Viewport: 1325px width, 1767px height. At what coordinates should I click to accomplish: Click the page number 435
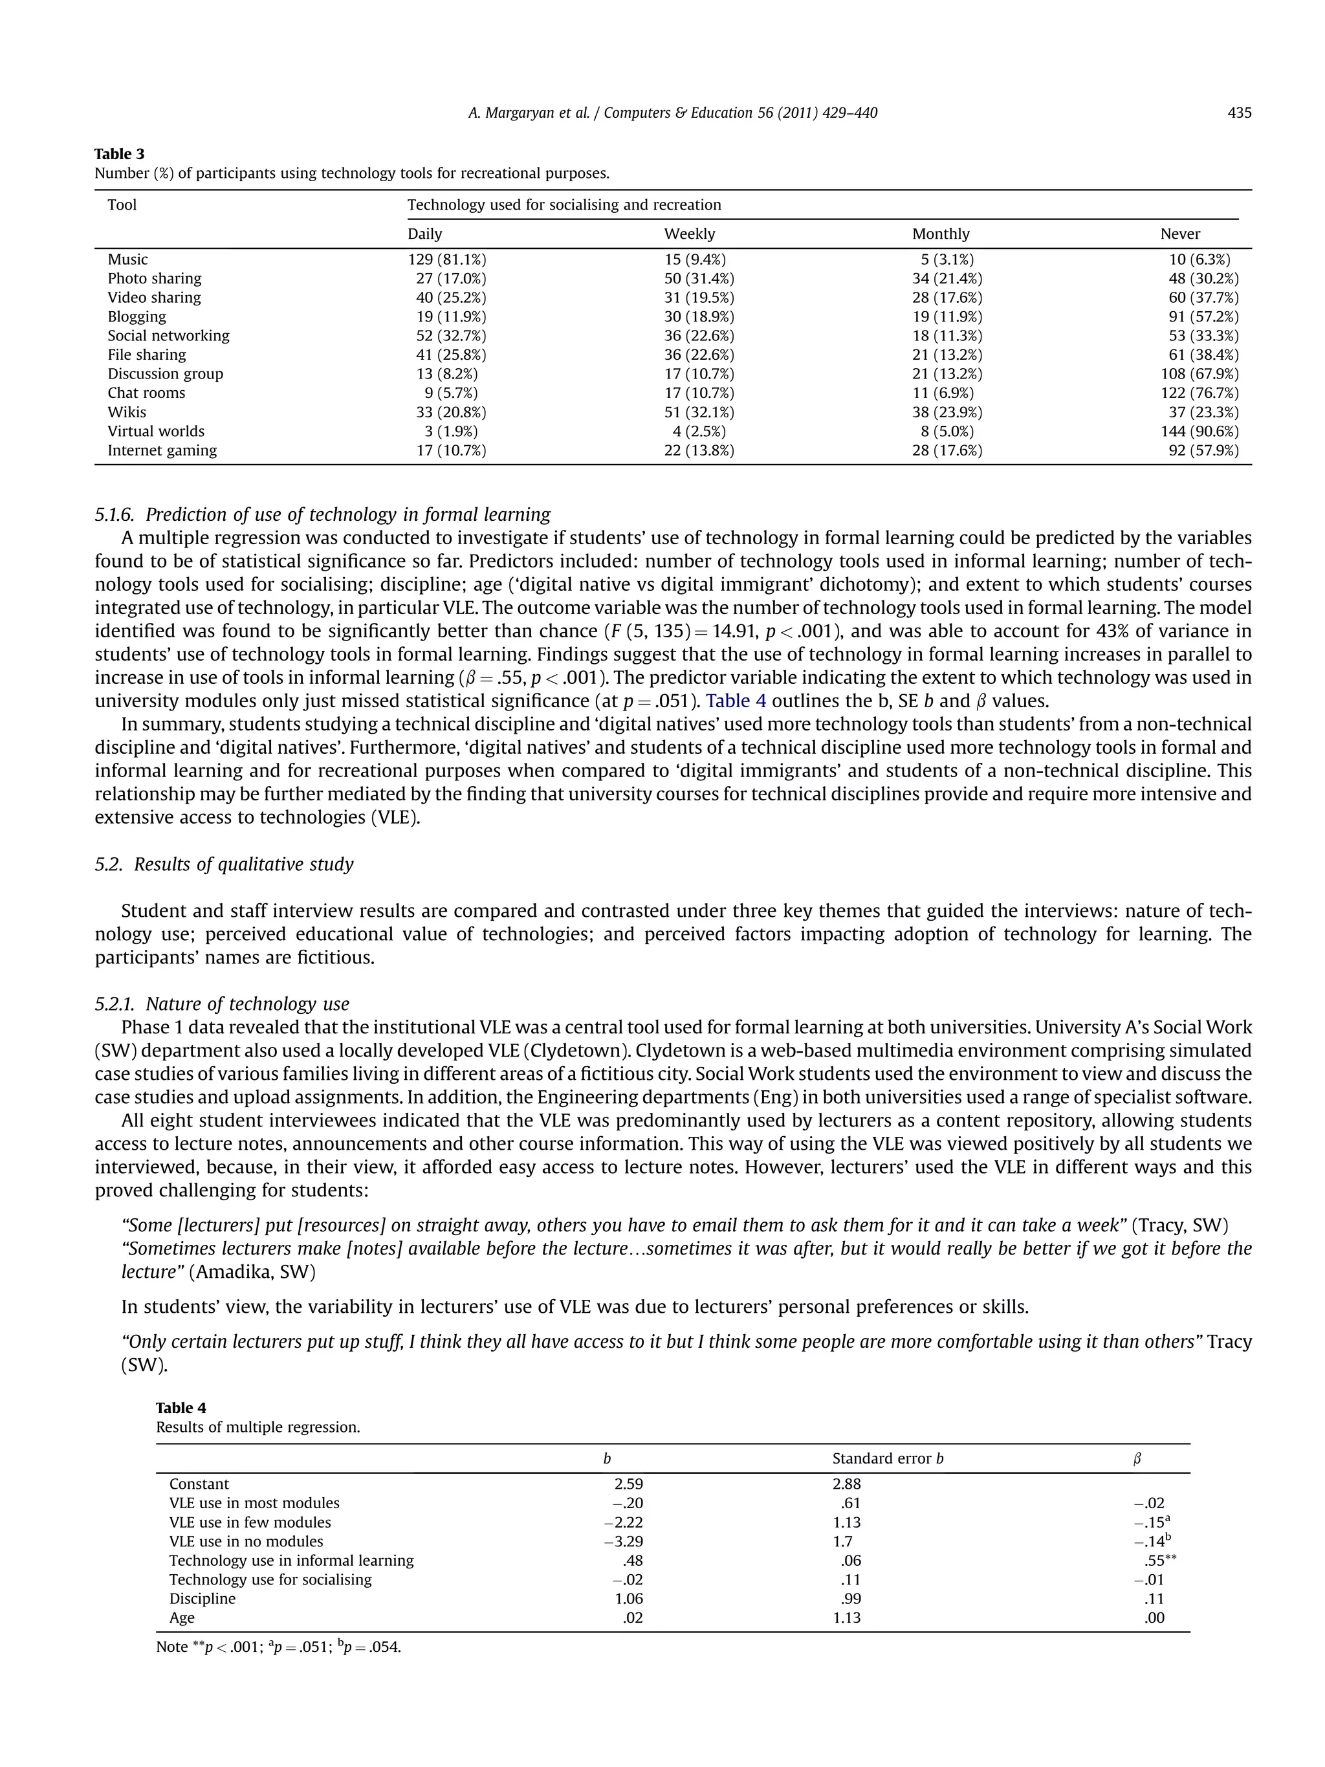click(x=1239, y=113)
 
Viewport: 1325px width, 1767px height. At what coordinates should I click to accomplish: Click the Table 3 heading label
click(x=119, y=154)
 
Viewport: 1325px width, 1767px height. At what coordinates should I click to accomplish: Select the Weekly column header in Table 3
click(x=689, y=234)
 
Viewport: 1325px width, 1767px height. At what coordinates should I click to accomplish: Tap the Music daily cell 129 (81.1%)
click(x=446, y=259)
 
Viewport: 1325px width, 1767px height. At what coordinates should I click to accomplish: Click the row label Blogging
click(x=137, y=316)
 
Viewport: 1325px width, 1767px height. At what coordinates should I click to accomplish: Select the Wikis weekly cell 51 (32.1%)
click(x=699, y=412)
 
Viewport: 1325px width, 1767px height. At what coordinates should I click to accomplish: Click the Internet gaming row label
click(x=162, y=450)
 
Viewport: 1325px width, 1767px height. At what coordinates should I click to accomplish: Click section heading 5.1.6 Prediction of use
click(x=323, y=514)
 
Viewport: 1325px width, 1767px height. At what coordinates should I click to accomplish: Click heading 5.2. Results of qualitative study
click(x=224, y=864)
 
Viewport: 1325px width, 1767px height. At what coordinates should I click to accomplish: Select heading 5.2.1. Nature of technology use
click(x=222, y=1004)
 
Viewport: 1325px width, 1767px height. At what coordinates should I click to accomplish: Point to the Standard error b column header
click(x=888, y=1458)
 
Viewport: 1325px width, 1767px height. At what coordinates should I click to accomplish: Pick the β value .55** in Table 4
click(x=1159, y=1561)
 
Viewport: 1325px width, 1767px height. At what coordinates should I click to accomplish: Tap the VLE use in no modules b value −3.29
click(x=623, y=1542)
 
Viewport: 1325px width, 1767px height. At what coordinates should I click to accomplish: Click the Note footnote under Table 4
click(x=278, y=1647)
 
